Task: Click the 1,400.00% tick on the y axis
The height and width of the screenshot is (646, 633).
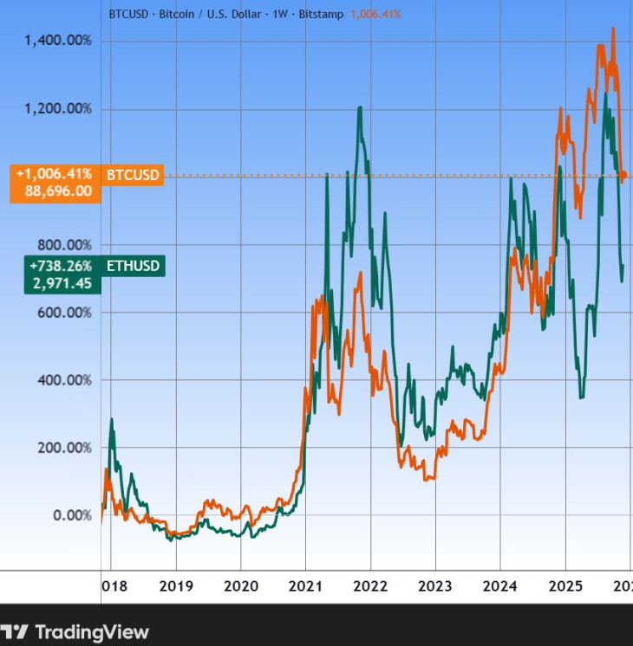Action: coord(57,41)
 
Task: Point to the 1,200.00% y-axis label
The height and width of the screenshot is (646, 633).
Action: coord(57,108)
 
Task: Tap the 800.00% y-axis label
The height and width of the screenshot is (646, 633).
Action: coord(65,244)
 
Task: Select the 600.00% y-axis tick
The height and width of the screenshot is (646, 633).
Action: coord(65,312)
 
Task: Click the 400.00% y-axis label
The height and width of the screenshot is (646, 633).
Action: coord(65,379)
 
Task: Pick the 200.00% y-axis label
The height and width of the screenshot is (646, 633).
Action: coord(65,447)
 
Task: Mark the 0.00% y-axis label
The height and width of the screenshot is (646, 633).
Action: coord(72,514)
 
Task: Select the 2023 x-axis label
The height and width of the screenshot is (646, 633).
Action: coord(434,586)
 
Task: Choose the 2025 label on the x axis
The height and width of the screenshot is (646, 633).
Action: coord(564,586)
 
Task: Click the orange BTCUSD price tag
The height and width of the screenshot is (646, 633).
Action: coord(133,175)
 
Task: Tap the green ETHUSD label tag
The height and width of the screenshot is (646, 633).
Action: coord(133,266)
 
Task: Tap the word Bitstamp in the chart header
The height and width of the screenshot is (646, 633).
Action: coord(322,14)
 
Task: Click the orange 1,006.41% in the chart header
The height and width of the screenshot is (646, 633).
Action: coord(375,14)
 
